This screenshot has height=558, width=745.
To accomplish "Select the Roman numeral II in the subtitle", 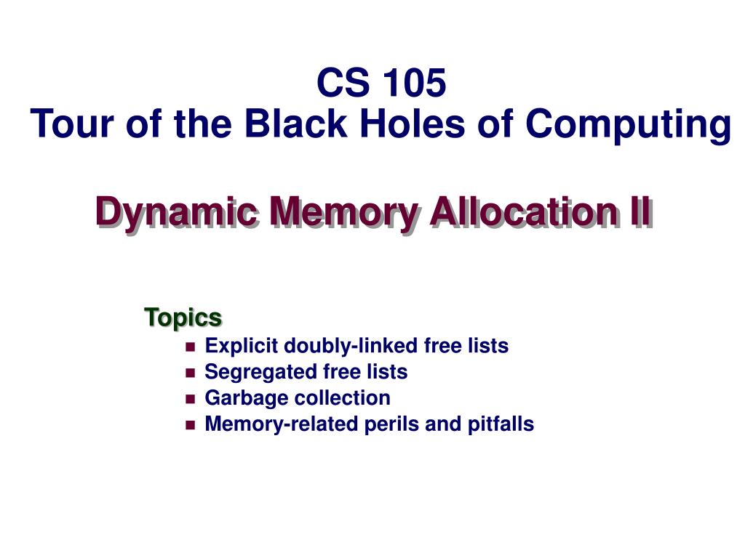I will [x=637, y=212].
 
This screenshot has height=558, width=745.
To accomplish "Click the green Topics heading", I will [x=183, y=318].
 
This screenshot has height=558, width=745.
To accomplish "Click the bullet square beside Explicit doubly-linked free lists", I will [x=191, y=347].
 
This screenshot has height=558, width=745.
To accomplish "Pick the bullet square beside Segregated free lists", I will [x=191, y=373].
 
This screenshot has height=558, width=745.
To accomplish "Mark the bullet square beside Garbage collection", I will [x=191, y=399].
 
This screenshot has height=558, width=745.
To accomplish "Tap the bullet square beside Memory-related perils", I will [x=191, y=425].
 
